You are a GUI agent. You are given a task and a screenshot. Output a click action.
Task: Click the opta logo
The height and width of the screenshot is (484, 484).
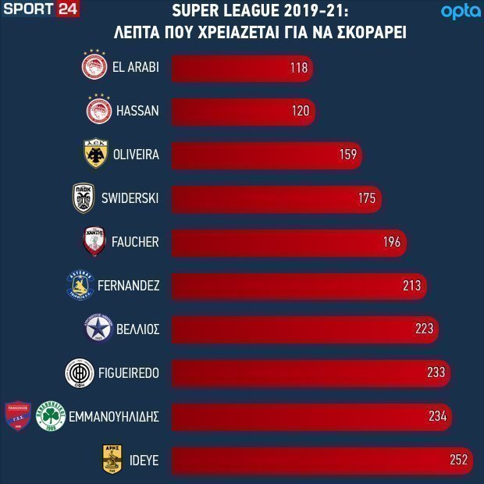(461, 12)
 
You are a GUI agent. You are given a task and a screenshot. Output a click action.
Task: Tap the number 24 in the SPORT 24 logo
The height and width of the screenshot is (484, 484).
(68, 9)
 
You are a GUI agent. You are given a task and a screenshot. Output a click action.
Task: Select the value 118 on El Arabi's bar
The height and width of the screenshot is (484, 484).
(299, 68)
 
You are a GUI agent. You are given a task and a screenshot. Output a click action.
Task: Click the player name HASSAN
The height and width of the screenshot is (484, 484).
(137, 111)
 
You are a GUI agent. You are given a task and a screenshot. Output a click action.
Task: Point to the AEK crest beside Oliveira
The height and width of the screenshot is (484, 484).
(96, 153)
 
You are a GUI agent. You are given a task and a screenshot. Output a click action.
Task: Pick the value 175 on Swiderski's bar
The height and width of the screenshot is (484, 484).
(367, 198)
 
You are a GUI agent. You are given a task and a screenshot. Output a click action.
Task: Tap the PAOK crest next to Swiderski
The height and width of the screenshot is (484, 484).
(84, 198)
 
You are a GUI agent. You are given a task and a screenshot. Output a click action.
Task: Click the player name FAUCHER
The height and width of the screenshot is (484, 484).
(135, 242)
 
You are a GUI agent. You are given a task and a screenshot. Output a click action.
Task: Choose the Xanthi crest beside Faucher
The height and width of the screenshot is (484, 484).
(94, 241)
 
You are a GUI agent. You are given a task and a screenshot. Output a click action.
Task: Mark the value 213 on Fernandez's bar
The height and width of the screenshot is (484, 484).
(411, 286)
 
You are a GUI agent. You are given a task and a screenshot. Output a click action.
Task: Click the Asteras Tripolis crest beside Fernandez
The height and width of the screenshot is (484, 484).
(80, 285)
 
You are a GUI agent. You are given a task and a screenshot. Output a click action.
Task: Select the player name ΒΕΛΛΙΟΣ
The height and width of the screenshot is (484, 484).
(137, 329)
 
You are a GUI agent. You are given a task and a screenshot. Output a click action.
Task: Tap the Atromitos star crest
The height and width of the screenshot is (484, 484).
(98, 328)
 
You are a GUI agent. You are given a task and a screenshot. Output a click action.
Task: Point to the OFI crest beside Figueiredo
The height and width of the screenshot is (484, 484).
(80, 373)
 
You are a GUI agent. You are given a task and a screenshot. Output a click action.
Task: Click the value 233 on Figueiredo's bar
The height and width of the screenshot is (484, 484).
(436, 372)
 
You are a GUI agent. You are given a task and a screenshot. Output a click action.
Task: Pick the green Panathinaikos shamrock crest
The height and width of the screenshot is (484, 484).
(51, 416)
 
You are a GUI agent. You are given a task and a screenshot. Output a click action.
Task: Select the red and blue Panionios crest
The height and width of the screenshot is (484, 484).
(18, 415)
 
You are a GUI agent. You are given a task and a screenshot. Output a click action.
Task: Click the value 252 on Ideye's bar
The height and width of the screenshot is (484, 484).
(459, 460)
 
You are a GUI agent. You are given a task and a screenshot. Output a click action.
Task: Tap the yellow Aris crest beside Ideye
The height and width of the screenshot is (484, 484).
(112, 459)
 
